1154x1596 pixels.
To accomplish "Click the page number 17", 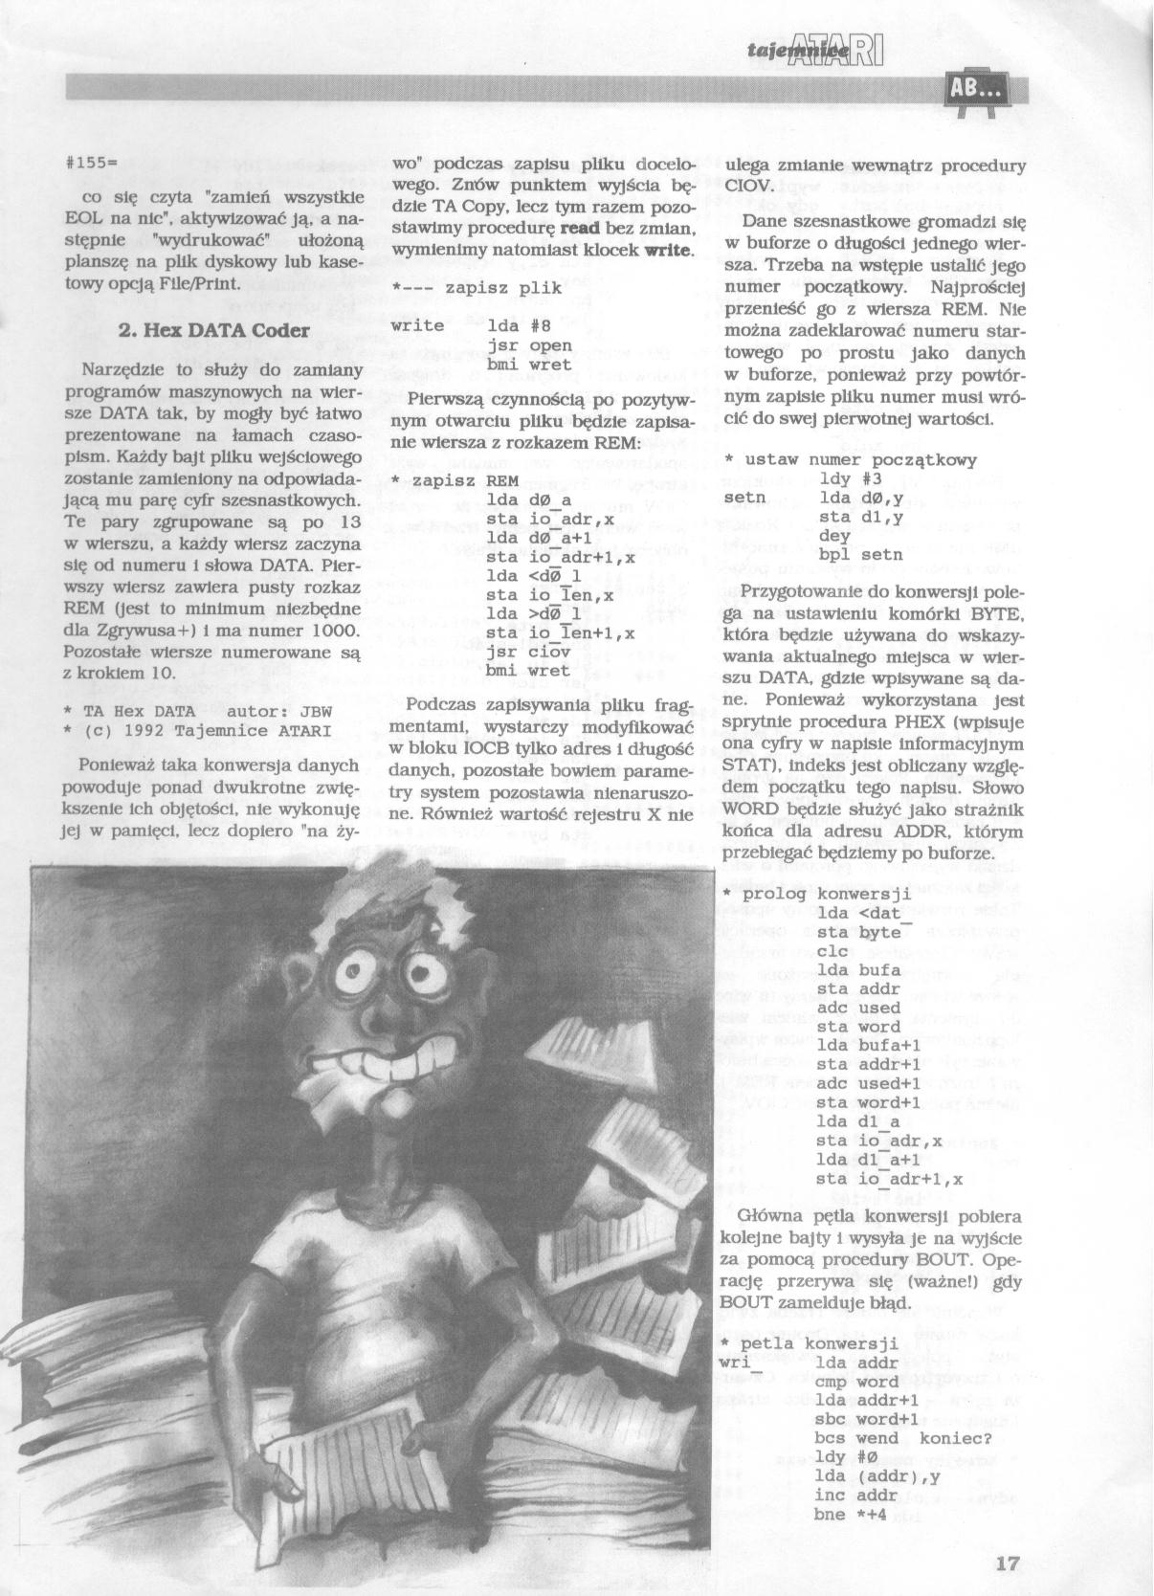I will [x=1007, y=1565].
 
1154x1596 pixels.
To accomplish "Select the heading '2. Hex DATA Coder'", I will [x=212, y=330].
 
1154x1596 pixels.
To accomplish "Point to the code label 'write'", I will [x=419, y=325].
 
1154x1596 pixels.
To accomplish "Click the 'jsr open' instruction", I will [x=529, y=345].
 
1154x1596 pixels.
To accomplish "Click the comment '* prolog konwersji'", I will [x=814, y=894].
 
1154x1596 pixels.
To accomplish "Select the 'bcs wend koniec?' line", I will [x=902, y=1438].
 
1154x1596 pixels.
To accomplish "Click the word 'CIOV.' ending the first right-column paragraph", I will [x=749, y=187].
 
